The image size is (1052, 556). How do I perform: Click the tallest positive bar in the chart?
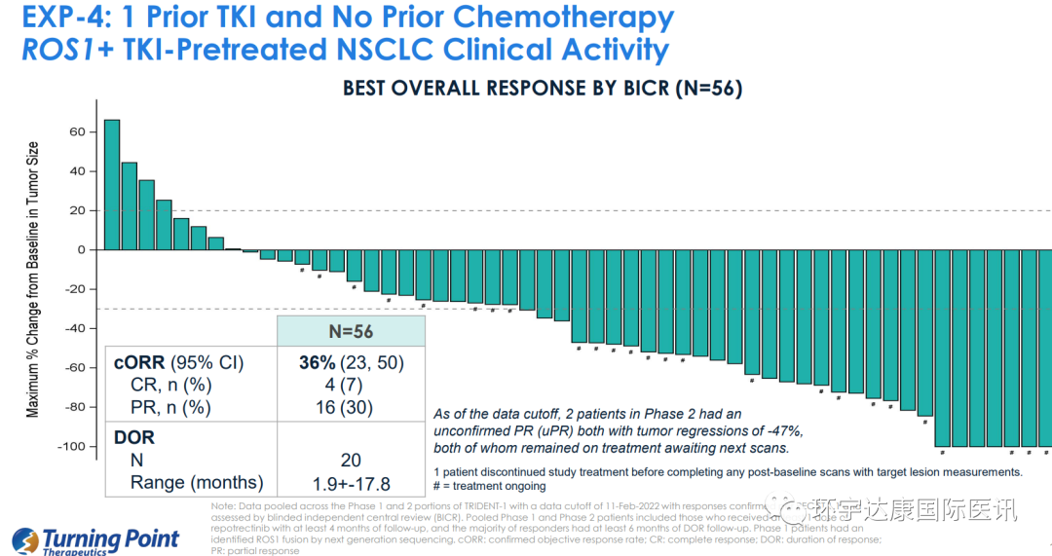click(x=112, y=185)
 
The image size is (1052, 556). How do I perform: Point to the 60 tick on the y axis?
click(x=76, y=131)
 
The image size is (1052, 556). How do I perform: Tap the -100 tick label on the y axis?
click(x=70, y=446)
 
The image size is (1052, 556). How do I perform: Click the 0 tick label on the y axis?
click(x=81, y=249)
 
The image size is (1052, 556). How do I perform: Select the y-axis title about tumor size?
click(x=33, y=280)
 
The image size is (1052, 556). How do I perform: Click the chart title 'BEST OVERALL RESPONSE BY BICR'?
click(x=543, y=89)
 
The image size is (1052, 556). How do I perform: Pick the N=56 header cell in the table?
click(x=351, y=331)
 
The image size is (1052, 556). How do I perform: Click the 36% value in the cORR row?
click(x=318, y=363)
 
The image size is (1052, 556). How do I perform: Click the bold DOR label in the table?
click(x=134, y=438)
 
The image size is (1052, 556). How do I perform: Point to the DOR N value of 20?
click(x=351, y=461)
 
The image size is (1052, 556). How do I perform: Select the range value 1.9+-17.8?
click(x=351, y=483)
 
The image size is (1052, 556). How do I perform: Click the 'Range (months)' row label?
click(x=197, y=483)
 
